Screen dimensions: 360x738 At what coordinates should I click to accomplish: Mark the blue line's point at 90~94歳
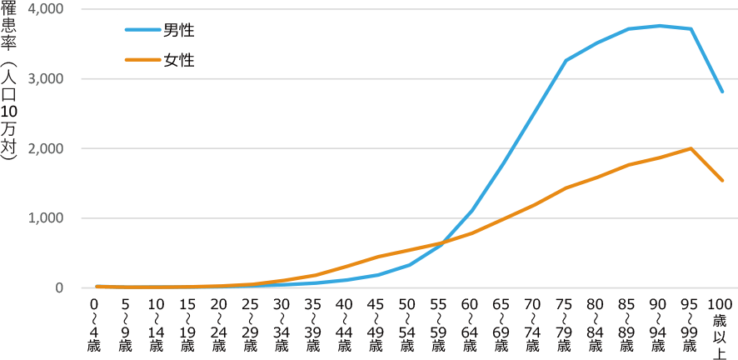[x=660, y=25]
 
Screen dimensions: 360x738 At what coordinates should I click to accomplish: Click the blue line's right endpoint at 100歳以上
[x=722, y=92]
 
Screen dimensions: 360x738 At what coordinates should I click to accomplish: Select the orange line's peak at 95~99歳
[x=691, y=148]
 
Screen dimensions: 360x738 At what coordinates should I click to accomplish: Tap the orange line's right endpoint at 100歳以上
[x=722, y=180]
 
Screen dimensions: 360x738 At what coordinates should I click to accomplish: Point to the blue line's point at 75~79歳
[x=566, y=60]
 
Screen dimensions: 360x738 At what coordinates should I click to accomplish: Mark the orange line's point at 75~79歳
[x=566, y=187]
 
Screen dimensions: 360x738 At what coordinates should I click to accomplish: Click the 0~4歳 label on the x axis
[x=96, y=326]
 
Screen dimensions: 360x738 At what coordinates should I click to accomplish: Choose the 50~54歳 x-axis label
[x=409, y=326]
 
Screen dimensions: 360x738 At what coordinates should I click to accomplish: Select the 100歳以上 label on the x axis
[x=722, y=326]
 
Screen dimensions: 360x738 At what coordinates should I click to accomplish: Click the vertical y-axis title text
[x=10, y=83]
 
